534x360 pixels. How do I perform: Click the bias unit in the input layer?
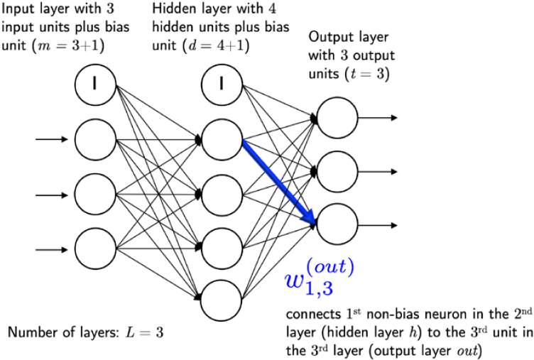tap(95, 85)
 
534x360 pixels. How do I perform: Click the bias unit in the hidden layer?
tap(222, 85)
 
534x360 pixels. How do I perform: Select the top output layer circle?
tap(337, 117)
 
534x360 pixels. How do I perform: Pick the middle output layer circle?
tap(337, 171)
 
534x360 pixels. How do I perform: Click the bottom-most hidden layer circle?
tap(222, 300)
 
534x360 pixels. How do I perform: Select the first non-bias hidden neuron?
tap(222, 139)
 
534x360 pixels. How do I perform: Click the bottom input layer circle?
tap(95, 247)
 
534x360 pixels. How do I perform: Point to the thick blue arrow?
tap(279, 180)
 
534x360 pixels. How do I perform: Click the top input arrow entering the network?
tap(54, 139)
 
